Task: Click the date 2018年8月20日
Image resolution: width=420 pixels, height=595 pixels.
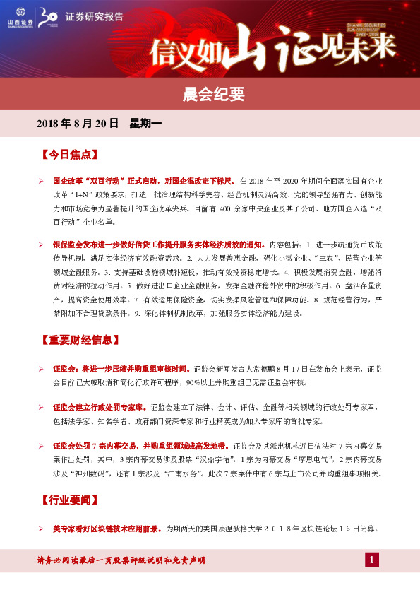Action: click(77, 124)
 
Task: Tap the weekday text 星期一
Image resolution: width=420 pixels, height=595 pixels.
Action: click(146, 124)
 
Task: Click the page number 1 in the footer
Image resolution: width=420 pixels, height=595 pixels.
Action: click(372, 560)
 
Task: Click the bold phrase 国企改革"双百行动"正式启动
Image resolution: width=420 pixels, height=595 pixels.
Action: click(109, 180)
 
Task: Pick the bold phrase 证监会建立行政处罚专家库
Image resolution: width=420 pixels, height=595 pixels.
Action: click(100, 408)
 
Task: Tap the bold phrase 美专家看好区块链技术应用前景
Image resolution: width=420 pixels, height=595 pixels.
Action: click(107, 528)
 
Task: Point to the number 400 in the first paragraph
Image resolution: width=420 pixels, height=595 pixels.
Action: click(226, 210)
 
